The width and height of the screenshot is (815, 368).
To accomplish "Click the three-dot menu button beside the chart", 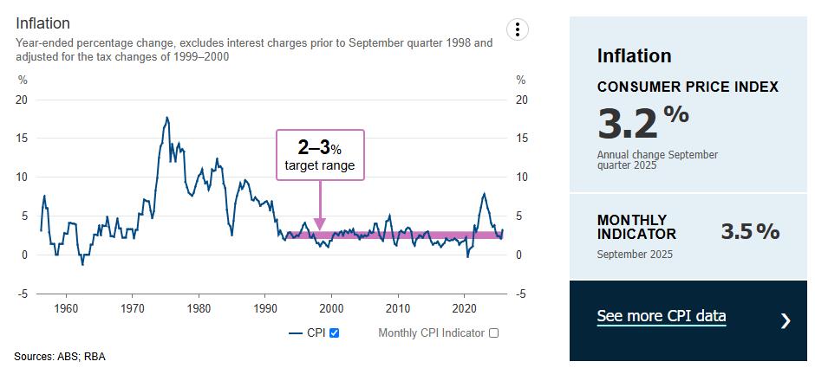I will (518, 29).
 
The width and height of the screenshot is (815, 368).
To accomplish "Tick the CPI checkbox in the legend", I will (335, 332).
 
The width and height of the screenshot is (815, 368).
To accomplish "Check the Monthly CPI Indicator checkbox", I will (494, 332).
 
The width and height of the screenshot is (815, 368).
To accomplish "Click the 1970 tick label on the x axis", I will (132, 308).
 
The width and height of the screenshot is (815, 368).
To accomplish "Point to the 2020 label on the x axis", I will (465, 308).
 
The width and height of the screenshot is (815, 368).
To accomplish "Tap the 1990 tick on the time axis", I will (265, 308).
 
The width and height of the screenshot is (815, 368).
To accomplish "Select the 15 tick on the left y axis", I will (22, 139).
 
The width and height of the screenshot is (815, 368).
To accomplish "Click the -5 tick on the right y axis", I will (521, 294).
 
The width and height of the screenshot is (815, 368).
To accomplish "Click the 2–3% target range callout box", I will (320, 155).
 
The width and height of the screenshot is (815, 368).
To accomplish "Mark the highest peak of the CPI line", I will (166, 117).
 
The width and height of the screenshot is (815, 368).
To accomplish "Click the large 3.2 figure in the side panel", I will (628, 124).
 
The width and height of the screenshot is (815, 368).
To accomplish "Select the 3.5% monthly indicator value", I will (750, 231).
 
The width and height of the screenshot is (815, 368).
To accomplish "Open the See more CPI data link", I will (661, 316).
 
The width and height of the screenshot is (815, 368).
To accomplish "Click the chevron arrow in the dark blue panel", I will (786, 321).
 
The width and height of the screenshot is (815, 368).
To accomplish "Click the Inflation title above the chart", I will (42, 23).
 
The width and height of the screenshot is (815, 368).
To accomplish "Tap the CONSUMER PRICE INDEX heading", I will (688, 87).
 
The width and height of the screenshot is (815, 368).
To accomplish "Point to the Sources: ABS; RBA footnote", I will (60, 356).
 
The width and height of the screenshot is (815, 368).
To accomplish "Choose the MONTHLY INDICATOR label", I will (636, 227).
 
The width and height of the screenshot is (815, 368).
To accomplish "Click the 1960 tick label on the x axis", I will (66, 308).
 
